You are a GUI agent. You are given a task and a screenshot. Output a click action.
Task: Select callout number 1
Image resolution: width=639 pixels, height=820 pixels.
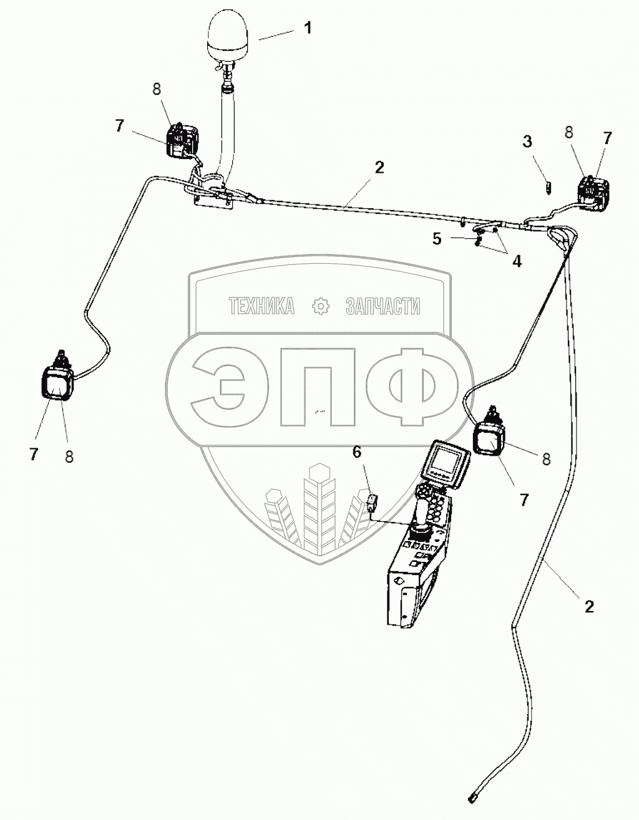pos(307,29)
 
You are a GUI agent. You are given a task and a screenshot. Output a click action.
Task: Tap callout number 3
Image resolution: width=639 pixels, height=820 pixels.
pos(527,142)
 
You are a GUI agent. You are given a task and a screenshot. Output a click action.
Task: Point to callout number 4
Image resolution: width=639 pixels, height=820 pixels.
pos(517,261)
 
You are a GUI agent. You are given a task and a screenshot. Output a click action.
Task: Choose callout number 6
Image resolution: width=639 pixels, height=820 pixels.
pos(357,452)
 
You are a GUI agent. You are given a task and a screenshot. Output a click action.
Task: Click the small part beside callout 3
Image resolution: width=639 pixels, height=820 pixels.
pos(548,186)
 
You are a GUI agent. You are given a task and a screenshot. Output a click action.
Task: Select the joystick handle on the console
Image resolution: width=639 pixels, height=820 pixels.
pos(423,515)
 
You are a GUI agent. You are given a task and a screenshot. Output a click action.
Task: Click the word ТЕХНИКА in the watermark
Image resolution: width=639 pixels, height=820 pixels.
pos(261,306)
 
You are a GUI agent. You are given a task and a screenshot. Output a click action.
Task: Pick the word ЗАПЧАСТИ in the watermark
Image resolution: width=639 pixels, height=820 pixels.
pos(383,306)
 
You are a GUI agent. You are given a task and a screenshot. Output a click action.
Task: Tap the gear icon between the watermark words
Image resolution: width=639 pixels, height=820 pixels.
pos(320,306)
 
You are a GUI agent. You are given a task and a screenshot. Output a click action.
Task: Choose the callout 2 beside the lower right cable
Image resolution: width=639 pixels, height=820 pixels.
pos(588,606)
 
